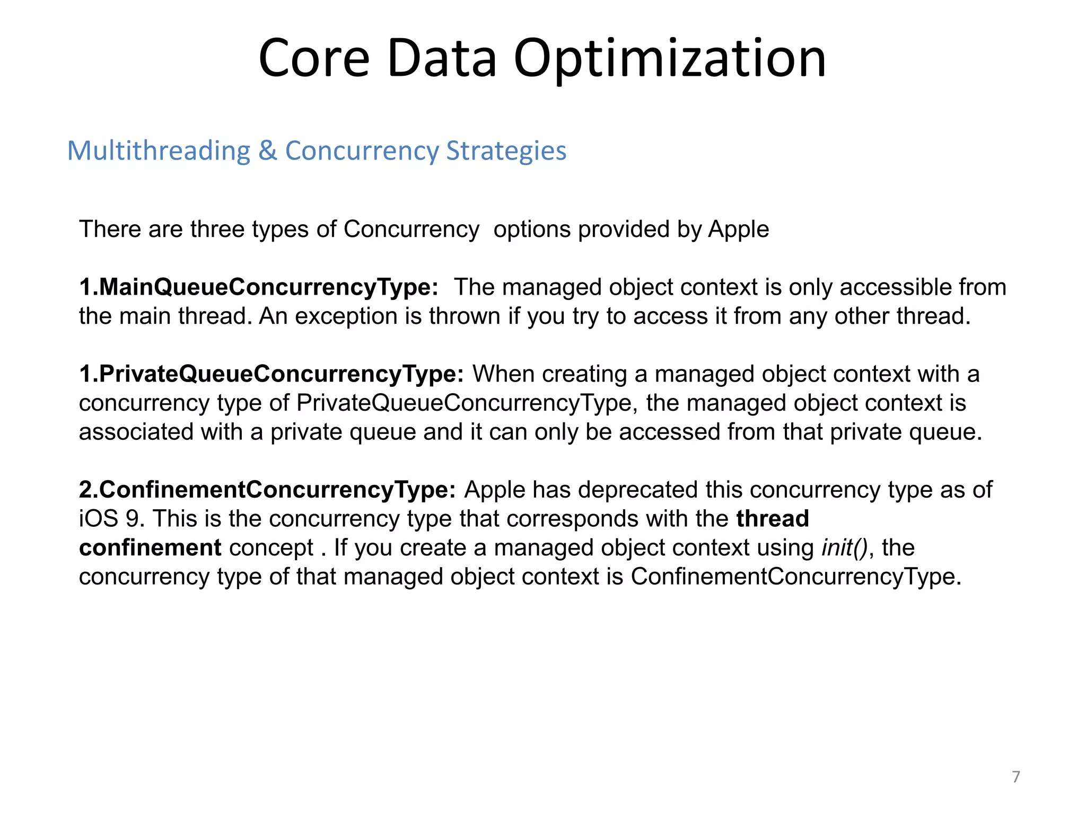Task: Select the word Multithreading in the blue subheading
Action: point(159,151)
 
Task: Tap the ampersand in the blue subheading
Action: point(268,151)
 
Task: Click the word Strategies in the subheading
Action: point(506,151)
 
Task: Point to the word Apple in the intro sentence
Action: point(738,229)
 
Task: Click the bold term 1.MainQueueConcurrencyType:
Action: point(259,287)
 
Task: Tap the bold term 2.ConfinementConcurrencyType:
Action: point(267,490)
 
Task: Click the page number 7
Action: point(1015,777)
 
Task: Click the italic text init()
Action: point(844,547)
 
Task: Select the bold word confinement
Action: point(150,548)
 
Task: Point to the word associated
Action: point(136,432)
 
